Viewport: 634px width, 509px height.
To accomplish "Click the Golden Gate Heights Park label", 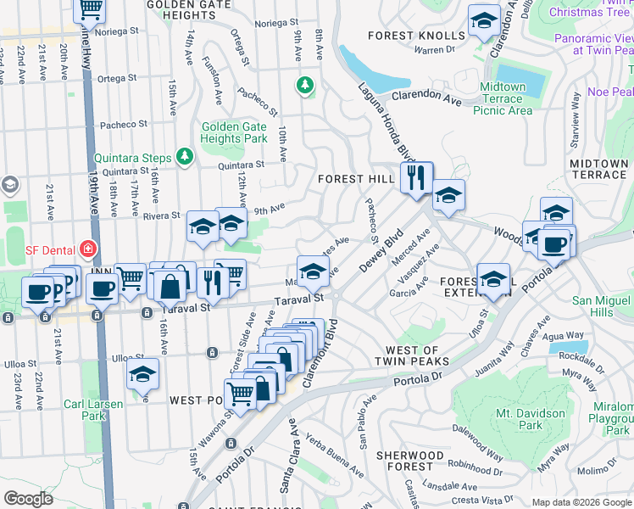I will tap(234, 132).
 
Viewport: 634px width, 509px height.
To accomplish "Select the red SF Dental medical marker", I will tap(86, 249).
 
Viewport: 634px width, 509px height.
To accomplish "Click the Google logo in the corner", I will tap(28, 499).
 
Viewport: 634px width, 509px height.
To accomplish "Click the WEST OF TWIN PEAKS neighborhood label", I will tap(412, 356).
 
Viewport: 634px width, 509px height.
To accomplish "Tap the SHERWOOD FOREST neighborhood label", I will tap(410, 461).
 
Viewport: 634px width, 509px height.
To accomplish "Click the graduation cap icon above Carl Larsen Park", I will tap(142, 373).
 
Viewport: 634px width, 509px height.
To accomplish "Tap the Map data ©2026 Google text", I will tap(581, 502).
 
